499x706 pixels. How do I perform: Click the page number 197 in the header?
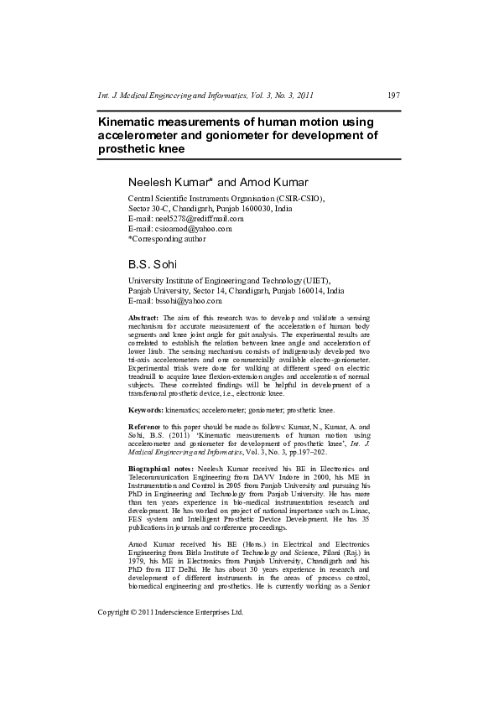[x=393, y=95]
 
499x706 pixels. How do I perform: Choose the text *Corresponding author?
[x=165, y=238]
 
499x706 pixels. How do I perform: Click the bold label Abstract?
[x=143, y=319]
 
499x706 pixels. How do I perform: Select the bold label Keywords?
[x=145, y=410]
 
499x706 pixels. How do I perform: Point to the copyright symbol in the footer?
[x=136, y=612]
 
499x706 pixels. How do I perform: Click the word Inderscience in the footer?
[x=184, y=612]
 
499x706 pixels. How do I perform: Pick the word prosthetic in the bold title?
[x=127, y=148]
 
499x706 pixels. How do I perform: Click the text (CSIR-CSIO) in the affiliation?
[x=299, y=198]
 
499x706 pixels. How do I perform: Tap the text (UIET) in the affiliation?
[x=314, y=280]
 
